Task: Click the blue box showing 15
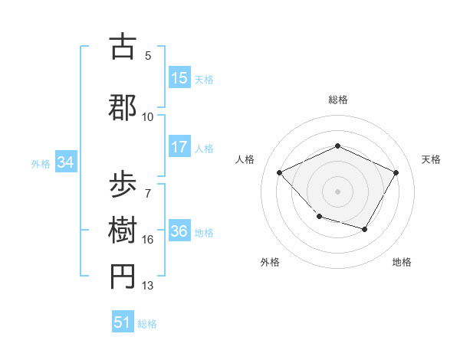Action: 179,78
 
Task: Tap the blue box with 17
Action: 179,148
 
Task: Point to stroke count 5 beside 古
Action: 148,56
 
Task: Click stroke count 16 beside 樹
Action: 148,240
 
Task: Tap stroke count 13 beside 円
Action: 148,286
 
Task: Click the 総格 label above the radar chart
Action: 337,100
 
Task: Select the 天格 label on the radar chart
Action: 432,159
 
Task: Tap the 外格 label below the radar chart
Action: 270,263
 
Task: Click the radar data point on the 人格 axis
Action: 280,172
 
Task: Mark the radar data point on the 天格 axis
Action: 396,172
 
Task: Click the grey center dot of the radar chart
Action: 337,191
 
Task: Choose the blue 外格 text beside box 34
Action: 41,163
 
